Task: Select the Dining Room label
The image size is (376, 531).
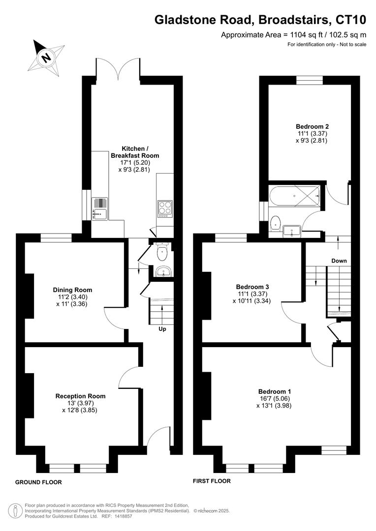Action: (x=72, y=290)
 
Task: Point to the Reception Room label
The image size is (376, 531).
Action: (x=80, y=396)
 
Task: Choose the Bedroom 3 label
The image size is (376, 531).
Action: (x=252, y=287)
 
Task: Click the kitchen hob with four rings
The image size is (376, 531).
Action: (x=164, y=208)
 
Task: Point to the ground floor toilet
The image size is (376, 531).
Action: (x=161, y=253)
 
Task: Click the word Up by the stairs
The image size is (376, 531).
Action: (x=162, y=329)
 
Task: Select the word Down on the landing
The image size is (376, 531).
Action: (x=339, y=261)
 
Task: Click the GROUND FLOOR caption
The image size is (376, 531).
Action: (x=38, y=482)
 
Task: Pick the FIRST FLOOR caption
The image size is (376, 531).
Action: (x=212, y=481)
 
